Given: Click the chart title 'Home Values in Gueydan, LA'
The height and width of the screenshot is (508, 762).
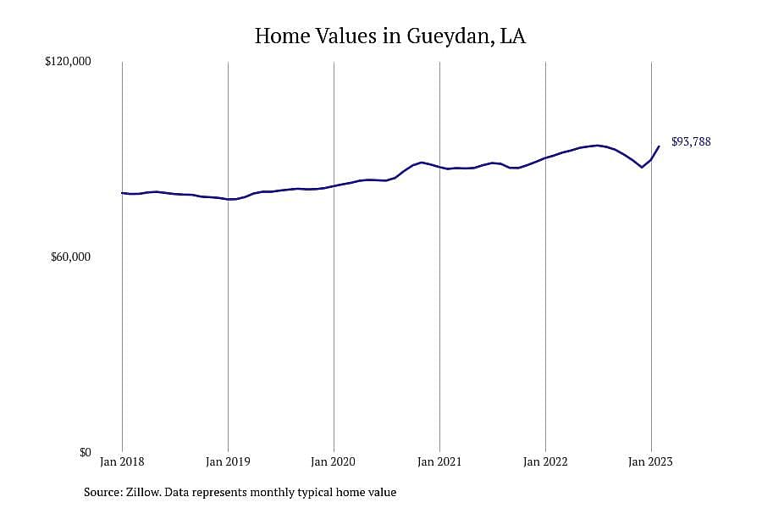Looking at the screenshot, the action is point(389,36).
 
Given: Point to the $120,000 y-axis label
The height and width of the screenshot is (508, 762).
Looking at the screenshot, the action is point(68,62).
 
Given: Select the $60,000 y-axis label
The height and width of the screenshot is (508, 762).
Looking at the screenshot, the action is point(71,257).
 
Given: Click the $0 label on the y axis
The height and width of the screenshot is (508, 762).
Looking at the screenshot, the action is point(86,453).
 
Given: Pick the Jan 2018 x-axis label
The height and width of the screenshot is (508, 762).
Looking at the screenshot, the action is point(122,461).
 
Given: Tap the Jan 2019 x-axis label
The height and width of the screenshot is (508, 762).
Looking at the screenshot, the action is point(228,461).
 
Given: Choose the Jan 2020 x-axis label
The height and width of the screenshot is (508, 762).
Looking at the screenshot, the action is point(334,461).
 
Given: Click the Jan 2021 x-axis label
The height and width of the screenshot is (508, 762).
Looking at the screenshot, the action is point(439,461).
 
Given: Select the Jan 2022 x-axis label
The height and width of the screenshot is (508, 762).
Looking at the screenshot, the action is point(545,461).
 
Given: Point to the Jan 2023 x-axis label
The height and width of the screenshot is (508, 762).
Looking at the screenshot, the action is point(651,461).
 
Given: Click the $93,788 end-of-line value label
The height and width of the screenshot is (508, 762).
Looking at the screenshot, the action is point(691,142).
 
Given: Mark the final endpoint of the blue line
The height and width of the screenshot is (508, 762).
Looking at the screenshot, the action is point(660,146).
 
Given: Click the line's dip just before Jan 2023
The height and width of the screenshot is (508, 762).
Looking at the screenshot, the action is point(642,168).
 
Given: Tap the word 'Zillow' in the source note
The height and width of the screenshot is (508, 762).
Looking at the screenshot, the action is point(143,492).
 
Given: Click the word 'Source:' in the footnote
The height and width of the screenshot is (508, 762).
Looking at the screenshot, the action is point(103,492).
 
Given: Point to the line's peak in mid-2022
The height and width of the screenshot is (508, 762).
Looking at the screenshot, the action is point(597,146).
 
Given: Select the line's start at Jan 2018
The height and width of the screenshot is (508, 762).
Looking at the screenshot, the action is point(122,193).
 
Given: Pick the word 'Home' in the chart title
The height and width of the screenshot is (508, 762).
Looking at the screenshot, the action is point(282,36).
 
